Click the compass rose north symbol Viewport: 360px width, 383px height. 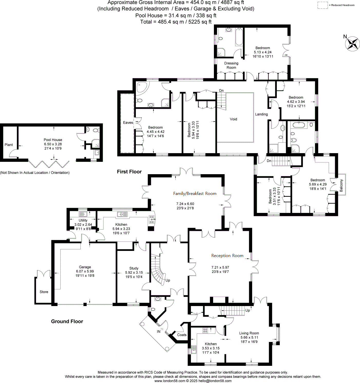352,43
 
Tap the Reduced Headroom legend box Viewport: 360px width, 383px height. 323,5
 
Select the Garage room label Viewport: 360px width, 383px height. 85,267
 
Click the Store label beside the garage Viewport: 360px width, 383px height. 44,292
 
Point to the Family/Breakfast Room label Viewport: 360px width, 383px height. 195,194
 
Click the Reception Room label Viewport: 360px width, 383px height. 227,256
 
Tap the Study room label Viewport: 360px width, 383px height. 134,268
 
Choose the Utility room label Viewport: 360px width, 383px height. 83,220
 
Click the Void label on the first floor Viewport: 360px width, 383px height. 233,119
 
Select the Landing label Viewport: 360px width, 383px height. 261,114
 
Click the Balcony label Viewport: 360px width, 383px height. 341,185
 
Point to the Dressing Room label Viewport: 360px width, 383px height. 231,65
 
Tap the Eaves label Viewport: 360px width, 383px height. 128,123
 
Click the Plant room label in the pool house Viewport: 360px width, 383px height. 9,145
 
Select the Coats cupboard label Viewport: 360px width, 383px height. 182,335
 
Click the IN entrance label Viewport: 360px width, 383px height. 159,332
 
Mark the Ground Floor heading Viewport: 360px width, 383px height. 67,321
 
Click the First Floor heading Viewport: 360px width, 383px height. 129,172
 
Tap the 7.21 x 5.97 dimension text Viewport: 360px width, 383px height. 220,268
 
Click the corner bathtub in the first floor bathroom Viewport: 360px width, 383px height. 141,87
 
